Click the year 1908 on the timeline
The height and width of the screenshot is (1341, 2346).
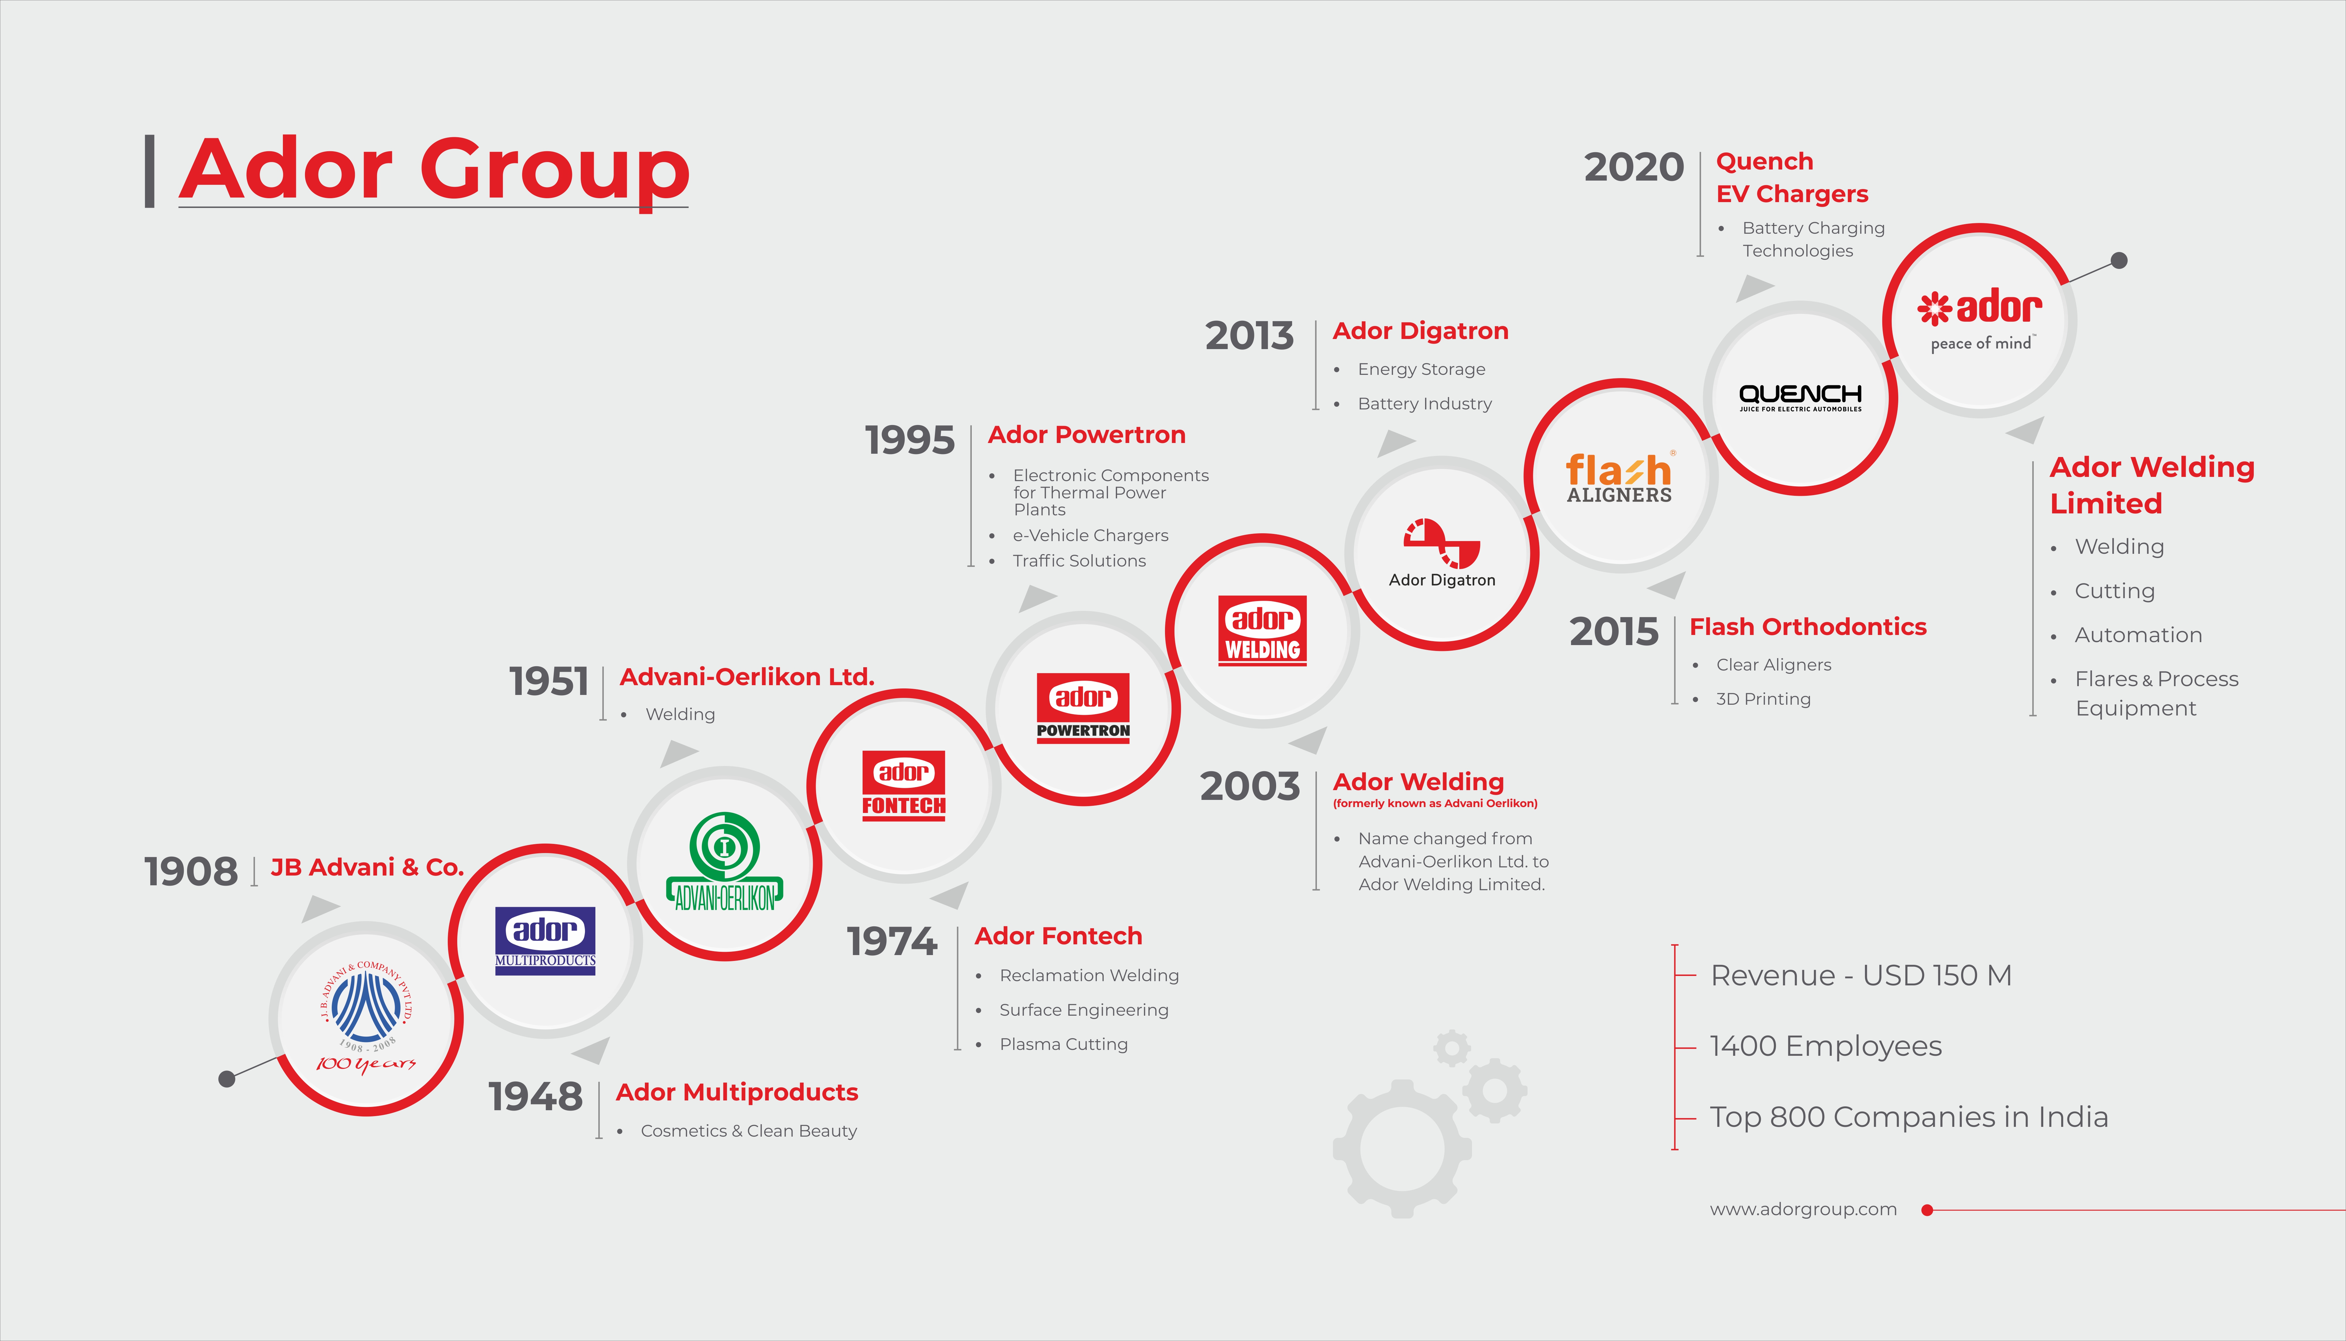tap(191, 871)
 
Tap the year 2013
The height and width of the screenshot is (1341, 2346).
tap(1249, 336)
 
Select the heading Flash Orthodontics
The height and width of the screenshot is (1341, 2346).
tap(1807, 627)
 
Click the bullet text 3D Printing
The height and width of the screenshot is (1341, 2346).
tap(1762, 699)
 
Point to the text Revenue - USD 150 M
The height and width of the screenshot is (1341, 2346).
tap(1861, 975)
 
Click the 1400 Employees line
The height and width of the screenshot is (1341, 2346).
tap(1826, 1046)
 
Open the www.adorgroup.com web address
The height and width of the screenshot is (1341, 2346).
tap(1803, 1209)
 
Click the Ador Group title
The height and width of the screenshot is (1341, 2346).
tap(434, 169)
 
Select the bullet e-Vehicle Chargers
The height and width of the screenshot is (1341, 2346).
tap(1090, 535)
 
